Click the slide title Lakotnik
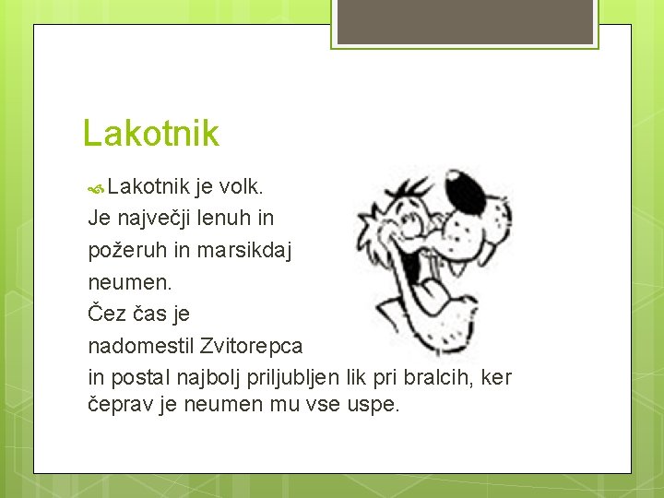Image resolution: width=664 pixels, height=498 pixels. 151,134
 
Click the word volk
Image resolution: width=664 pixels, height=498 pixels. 243,188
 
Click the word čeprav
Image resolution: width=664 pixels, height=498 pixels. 121,405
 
